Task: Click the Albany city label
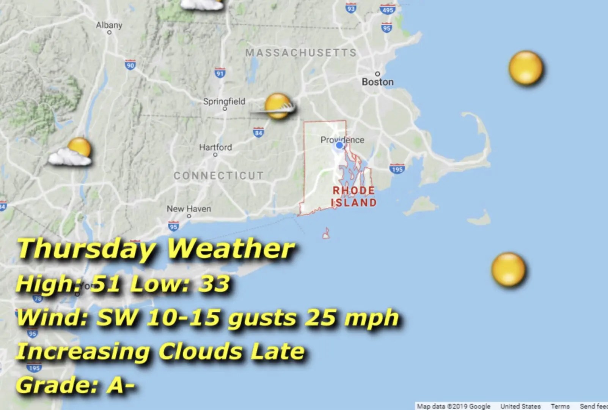click(109, 25)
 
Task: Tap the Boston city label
click(377, 82)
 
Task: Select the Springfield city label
click(224, 101)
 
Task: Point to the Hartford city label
click(215, 147)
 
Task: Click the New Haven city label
click(189, 209)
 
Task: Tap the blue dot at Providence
click(339, 145)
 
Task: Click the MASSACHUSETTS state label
click(301, 52)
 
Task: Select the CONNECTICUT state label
click(218, 175)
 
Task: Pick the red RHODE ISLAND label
click(353, 196)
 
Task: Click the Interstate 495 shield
click(387, 9)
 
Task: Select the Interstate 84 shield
click(258, 133)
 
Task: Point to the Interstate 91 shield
click(220, 73)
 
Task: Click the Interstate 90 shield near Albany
click(130, 65)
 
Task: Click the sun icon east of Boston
click(525, 68)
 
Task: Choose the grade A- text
click(121, 385)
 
